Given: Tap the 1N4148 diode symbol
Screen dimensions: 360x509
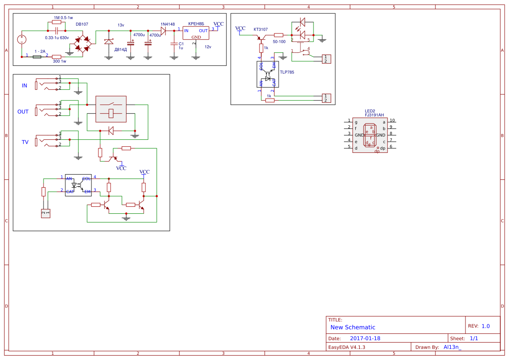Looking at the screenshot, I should click(x=163, y=30).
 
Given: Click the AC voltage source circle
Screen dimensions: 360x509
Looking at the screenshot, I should click(x=21, y=39).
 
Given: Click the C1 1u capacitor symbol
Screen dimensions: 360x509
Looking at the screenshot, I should click(x=174, y=44).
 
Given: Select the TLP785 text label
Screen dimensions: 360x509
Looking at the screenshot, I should click(x=287, y=72).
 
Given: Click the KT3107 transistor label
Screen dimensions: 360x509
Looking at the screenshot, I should click(x=260, y=30).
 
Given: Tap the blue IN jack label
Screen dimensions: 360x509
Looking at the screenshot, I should click(x=24, y=86).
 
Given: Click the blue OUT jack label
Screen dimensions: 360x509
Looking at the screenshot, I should click(x=23, y=112).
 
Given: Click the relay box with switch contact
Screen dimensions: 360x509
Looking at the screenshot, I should click(x=111, y=109).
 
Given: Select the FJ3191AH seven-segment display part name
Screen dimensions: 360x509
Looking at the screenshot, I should click(x=374, y=115).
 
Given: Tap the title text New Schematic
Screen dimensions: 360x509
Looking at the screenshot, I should click(x=353, y=327).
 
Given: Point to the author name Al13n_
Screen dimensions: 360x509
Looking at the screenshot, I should click(x=452, y=347).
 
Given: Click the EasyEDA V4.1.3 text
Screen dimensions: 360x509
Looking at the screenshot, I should click(x=347, y=347).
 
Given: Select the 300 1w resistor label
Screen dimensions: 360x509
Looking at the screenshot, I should click(x=59, y=61).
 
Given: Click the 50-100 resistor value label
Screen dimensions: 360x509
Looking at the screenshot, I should click(x=279, y=42).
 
